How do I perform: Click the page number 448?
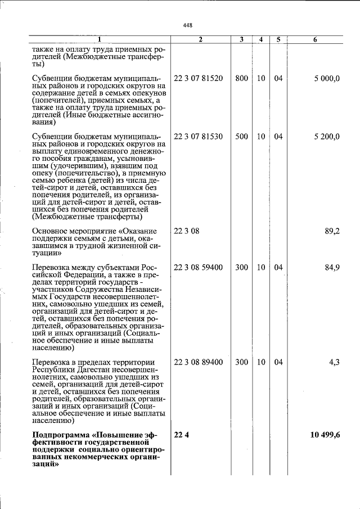[188, 25]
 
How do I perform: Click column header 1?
[100, 39]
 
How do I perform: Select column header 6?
[315, 39]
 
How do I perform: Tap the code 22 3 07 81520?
[198, 78]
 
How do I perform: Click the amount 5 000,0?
[327, 78]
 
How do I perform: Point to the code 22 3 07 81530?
[198, 137]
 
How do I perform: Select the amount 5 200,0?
[327, 137]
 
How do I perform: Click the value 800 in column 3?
[241, 78]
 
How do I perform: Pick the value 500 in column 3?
[241, 137]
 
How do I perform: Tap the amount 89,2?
[332, 231]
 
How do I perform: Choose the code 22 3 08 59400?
[198, 268]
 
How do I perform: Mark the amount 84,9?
[332, 268]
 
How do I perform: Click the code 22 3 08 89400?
[198, 362]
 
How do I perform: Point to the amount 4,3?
[334, 362]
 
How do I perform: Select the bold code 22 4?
[180, 435]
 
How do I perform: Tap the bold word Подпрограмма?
[61, 435]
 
